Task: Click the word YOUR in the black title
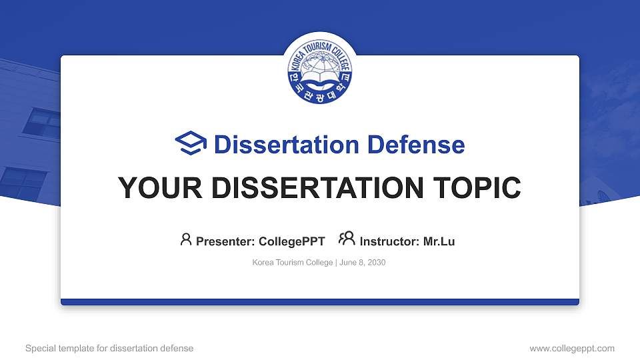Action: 154,189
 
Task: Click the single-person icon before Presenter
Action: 186,239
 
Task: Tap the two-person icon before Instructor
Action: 347,239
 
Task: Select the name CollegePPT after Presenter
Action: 291,241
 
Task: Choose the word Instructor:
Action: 390,241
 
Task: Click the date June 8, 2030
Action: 363,263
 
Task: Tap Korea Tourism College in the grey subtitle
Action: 292,263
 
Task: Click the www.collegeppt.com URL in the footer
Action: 572,348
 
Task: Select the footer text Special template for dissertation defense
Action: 109,348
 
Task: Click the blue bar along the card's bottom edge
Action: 320,302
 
